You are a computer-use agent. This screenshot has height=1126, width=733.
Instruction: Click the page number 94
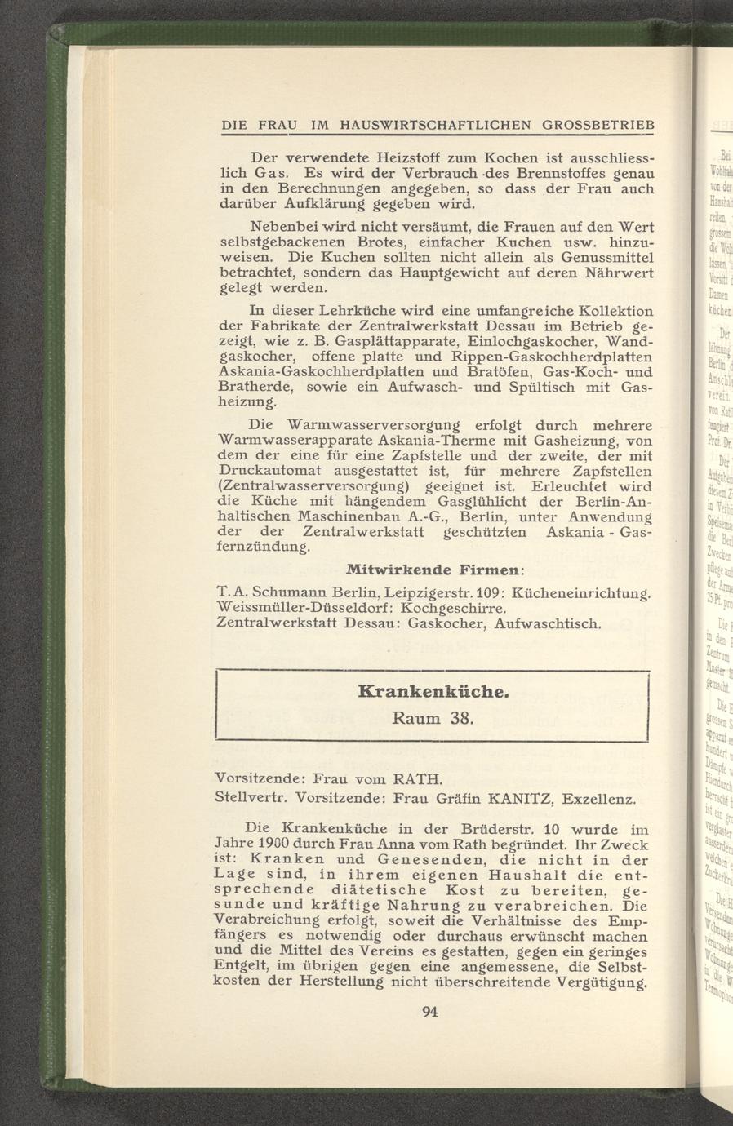coord(431,1013)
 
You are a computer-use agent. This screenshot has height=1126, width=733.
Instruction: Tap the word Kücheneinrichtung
coord(583,592)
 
